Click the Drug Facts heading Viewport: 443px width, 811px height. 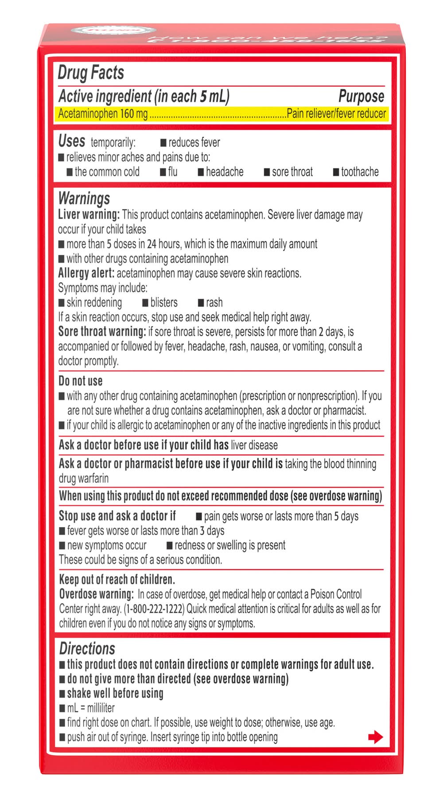click(x=91, y=73)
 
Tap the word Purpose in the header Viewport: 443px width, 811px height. click(x=361, y=96)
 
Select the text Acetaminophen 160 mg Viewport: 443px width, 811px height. click(x=103, y=114)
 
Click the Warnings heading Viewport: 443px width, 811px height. click(x=84, y=198)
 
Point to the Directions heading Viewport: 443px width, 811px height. click(x=87, y=648)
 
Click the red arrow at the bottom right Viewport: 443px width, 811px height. click(x=375, y=737)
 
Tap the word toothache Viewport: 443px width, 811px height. click(x=360, y=172)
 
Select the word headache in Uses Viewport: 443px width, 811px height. click(x=225, y=172)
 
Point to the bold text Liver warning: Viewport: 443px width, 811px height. click(x=89, y=215)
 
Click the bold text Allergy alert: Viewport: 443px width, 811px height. click(x=86, y=273)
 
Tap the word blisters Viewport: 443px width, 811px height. click(x=164, y=303)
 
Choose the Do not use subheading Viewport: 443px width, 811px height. click(x=81, y=381)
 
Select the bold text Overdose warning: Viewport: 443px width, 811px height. click(x=96, y=594)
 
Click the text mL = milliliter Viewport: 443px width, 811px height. click(x=91, y=708)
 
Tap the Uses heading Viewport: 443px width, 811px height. click(x=71, y=141)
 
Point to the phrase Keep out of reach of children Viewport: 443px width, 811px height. click(x=117, y=579)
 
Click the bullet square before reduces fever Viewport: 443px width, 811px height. click(x=163, y=143)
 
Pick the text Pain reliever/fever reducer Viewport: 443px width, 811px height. click(x=336, y=114)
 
